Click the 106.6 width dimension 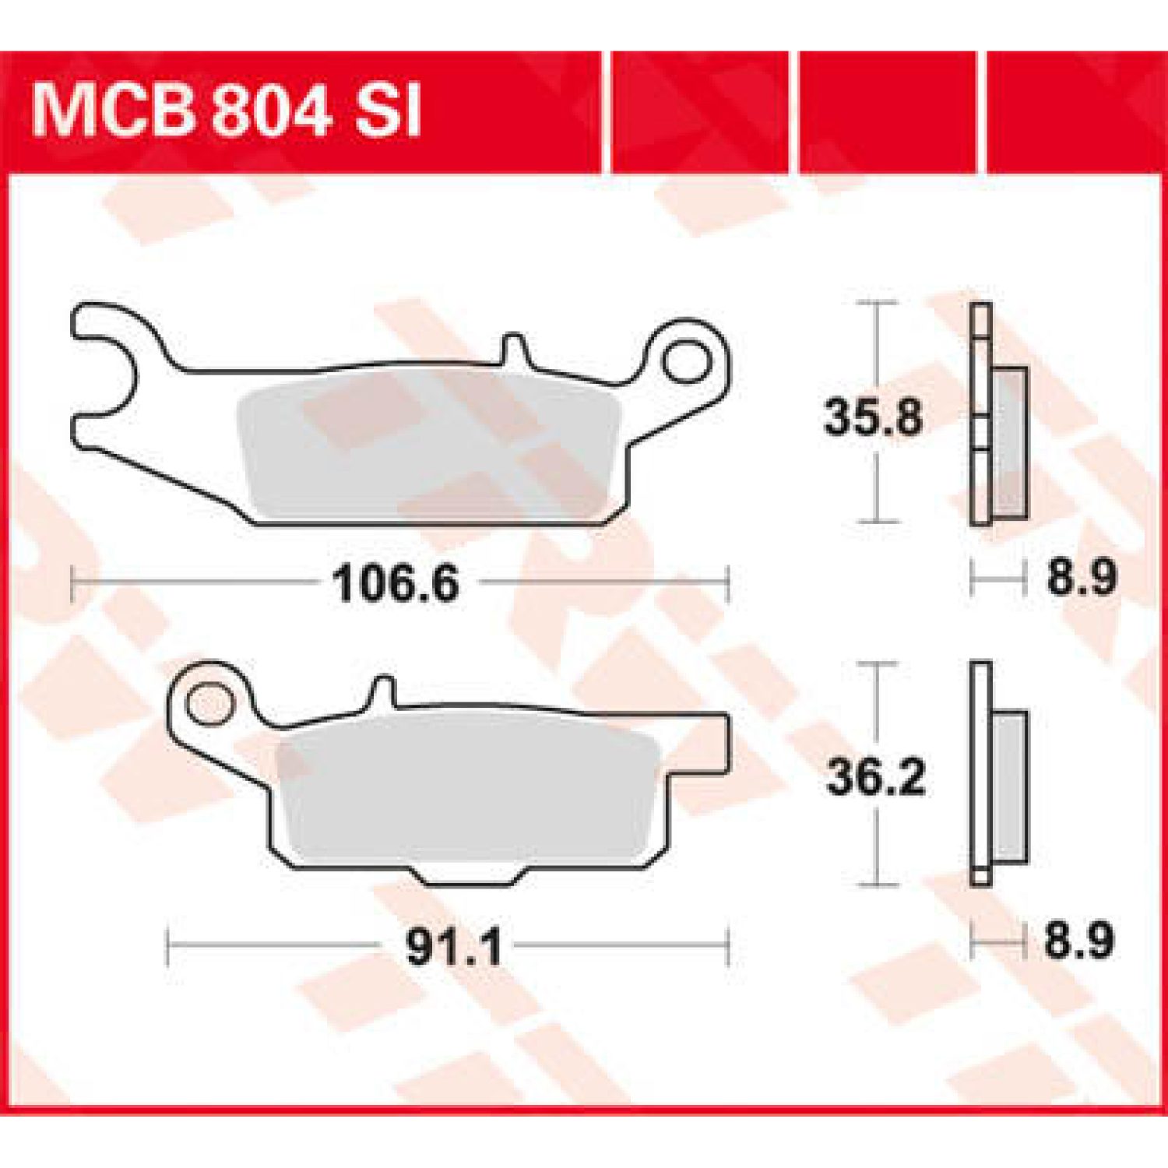click(x=396, y=583)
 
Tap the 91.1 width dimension click(x=454, y=947)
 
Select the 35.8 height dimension click(x=873, y=417)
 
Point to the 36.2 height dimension click(x=876, y=776)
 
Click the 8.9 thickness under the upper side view click(x=1082, y=577)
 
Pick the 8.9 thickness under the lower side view click(x=1079, y=940)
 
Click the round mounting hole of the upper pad click(x=686, y=361)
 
